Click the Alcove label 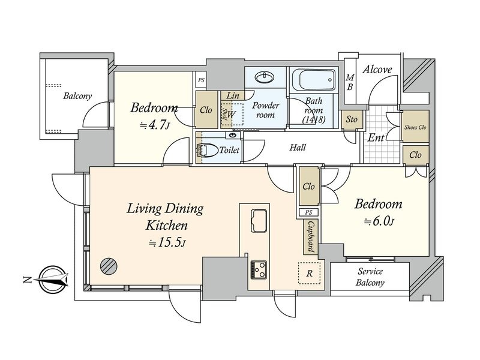tap(377, 70)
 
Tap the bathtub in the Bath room tap(314, 80)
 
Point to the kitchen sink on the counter tap(259, 220)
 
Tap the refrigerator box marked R tap(309, 273)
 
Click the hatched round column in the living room tap(109, 265)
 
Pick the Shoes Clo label tap(415, 127)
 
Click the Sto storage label tap(352, 119)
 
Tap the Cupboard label tap(311, 237)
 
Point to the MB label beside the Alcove tap(350, 82)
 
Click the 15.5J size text tap(167, 243)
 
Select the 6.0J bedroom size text tap(379, 221)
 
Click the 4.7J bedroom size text tap(155, 125)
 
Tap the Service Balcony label tap(370, 277)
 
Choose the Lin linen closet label tap(233, 95)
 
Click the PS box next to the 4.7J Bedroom tap(201, 80)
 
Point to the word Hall tap(298, 148)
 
